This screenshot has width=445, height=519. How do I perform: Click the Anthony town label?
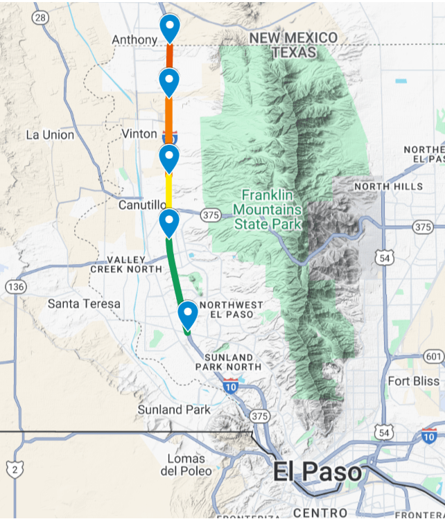click(x=134, y=40)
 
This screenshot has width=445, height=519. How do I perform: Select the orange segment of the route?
click(x=169, y=114)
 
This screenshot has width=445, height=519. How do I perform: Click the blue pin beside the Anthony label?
click(x=170, y=28)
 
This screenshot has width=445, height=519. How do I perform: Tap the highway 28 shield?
click(x=42, y=17)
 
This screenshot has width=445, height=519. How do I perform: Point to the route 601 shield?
click(x=434, y=356)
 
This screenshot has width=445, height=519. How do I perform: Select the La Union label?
click(x=50, y=134)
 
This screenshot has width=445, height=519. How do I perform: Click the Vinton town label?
click(x=139, y=133)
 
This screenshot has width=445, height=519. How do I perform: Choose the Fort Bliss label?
click(x=413, y=381)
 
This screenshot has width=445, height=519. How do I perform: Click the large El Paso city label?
click(x=317, y=473)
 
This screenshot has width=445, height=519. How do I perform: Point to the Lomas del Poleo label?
click(x=186, y=465)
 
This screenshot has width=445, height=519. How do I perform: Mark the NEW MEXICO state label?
click(x=293, y=37)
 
